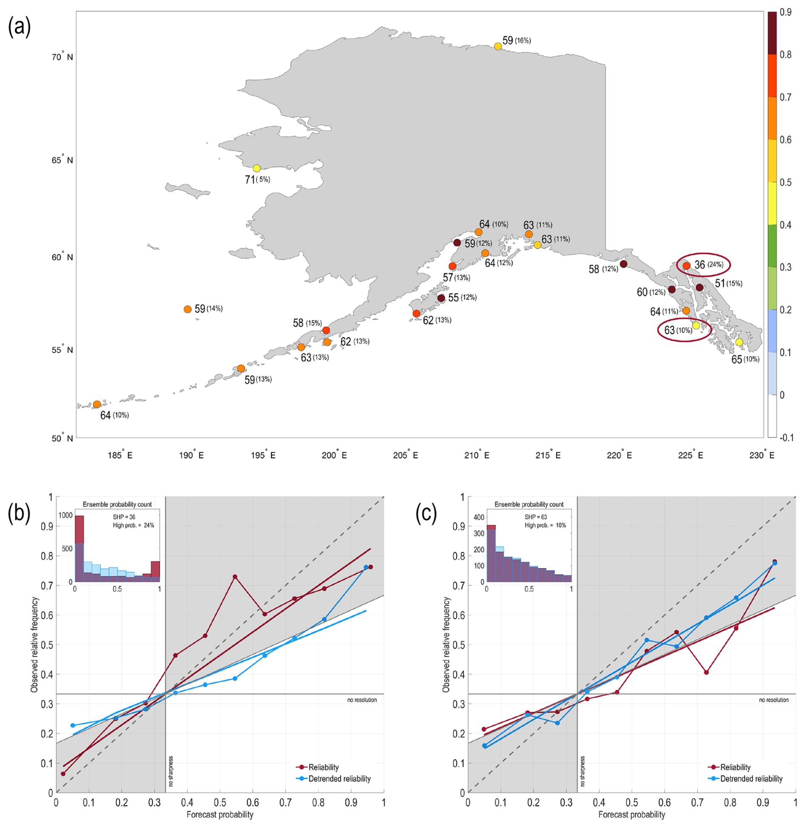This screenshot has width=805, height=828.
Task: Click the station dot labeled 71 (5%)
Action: coord(257,168)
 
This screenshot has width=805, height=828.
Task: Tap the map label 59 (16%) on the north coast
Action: coord(517,41)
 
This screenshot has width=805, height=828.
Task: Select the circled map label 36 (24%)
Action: coord(708,265)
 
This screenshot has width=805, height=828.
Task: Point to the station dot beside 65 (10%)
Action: coord(739,342)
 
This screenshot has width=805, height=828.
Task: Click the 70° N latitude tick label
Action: coord(63,57)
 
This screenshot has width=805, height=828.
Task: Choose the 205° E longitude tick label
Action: coord(405,455)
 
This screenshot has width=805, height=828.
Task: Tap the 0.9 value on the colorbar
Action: coord(786,12)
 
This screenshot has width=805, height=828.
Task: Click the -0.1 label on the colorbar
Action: coord(786,437)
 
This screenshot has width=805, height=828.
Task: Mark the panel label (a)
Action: coord(19,28)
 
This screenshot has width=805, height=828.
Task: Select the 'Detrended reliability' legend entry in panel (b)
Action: coord(339,779)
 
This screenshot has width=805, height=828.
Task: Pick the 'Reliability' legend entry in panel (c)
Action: coord(735,767)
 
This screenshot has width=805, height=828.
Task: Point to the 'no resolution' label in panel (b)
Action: coord(362,700)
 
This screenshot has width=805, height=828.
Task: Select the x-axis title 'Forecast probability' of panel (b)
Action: coord(220,814)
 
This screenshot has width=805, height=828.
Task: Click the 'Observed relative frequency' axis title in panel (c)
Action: coord(446,644)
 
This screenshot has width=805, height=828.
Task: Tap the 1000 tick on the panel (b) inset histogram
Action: coord(66,515)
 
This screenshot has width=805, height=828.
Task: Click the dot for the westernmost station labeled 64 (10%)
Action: coord(97,404)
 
